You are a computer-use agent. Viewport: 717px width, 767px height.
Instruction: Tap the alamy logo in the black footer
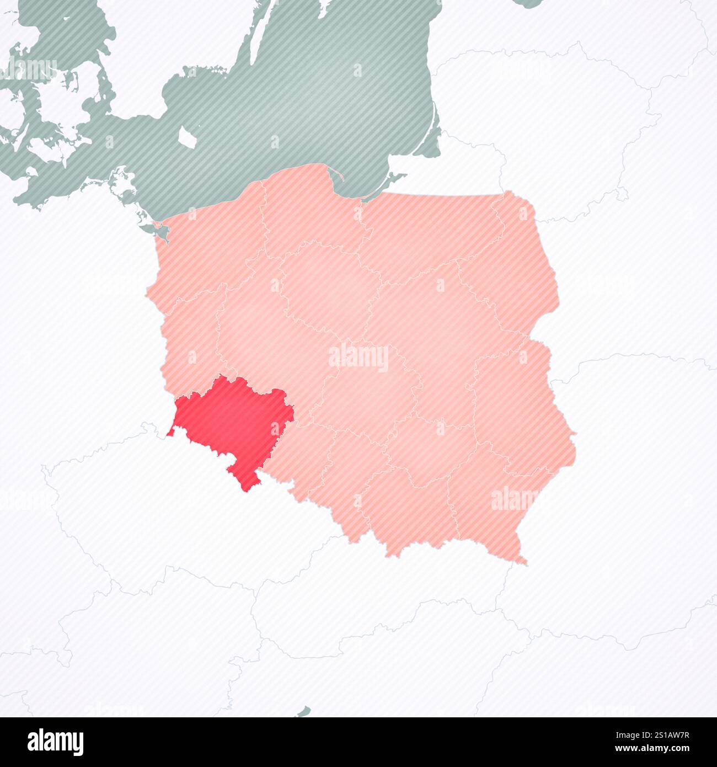[x=55, y=742]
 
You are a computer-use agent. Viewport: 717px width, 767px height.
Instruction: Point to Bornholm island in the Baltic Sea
[x=187, y=135]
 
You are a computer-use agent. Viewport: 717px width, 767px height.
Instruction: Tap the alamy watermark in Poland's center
[x=358, y=358]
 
